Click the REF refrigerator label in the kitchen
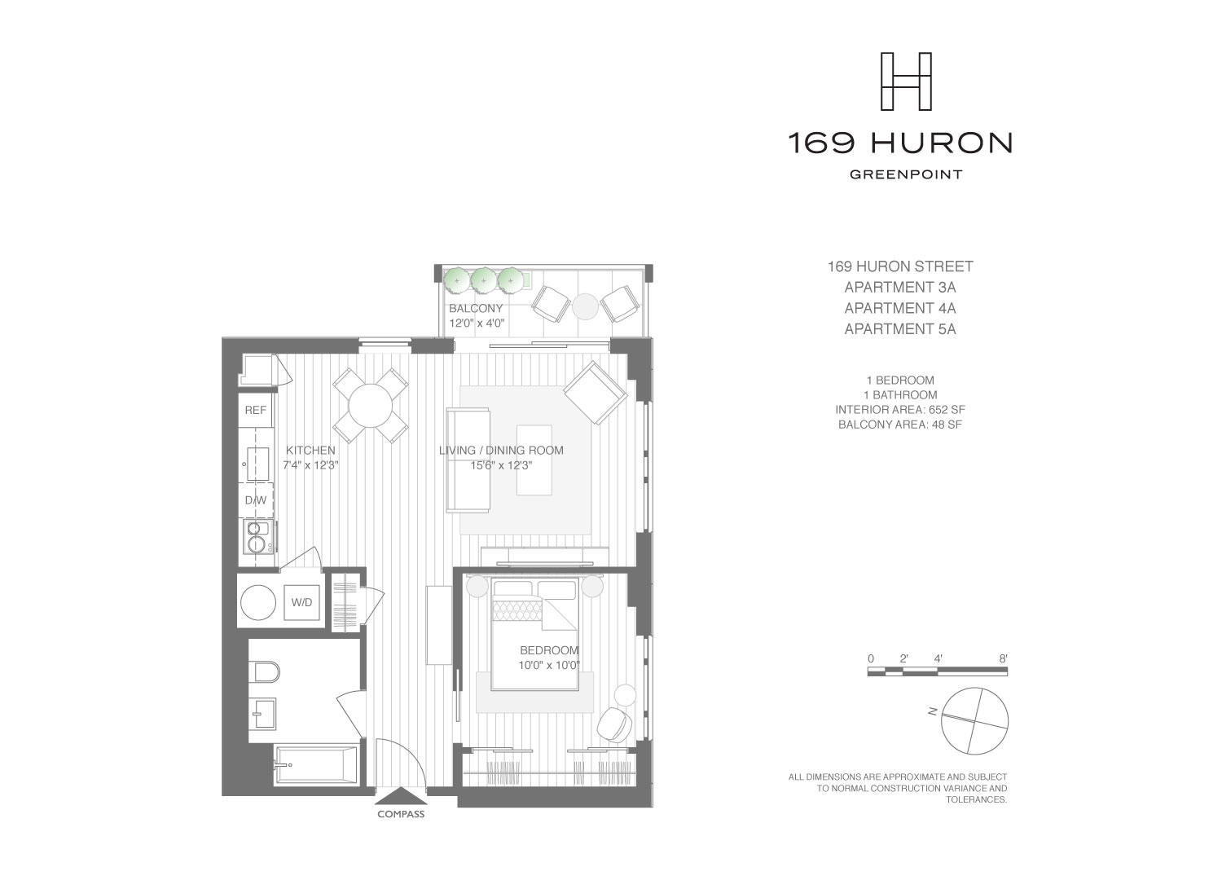coord(256,410)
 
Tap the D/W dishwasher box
coord(256,500)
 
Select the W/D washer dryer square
coord(301,603)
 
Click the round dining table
coord(371,404)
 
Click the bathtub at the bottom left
coord(316,765)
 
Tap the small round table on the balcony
coord(586,306)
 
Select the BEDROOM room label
coord(549,650)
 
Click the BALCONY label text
coord(476,309)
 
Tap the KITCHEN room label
coord(310,450)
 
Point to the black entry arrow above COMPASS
coord(400,796)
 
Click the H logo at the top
coord(907,81)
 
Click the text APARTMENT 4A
coord(899,308)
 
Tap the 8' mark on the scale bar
coord(1003,658)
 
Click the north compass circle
coord(974,720)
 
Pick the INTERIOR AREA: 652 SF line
coord(900,410)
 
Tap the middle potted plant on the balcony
coord(484,279)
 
